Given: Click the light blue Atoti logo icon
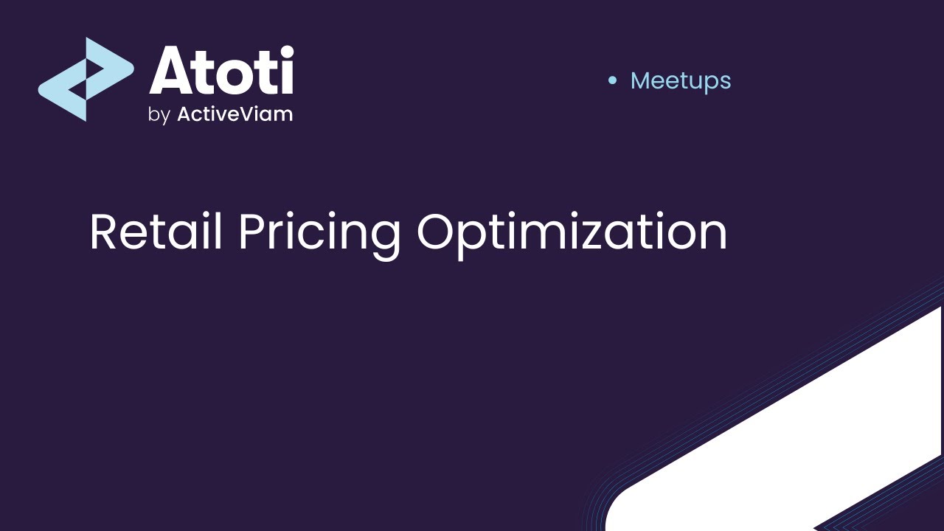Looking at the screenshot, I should click(x=85, y=79).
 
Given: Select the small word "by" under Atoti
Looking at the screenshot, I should click(x=159, y=116).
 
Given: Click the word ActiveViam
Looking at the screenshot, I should click(x=235, y=114).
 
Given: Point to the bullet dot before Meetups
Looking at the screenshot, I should click(x=611, y=80).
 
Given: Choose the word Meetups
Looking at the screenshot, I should click(x=680, y=81).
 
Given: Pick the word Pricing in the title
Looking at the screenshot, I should click(x=319, y=233).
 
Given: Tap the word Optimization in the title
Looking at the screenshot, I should click(x=572, y=233).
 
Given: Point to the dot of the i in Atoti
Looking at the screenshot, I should click(x=285, y=52).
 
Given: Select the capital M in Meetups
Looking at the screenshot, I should click(x=643, y=80).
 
